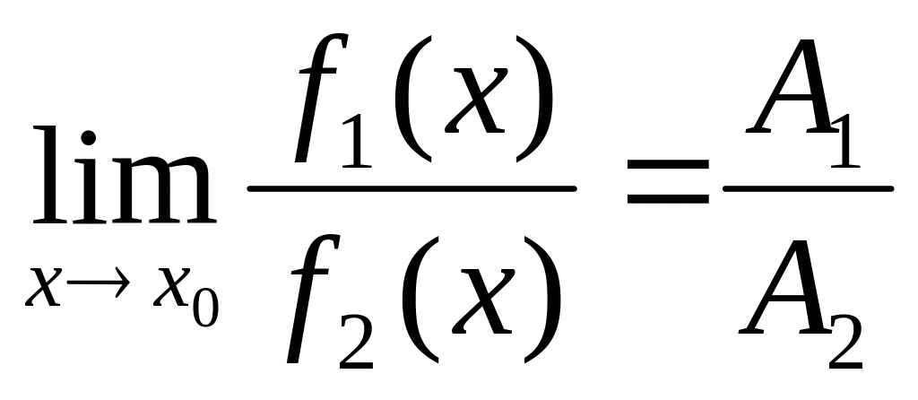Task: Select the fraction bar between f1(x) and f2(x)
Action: [411, 188]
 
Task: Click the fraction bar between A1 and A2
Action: [808, 188]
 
